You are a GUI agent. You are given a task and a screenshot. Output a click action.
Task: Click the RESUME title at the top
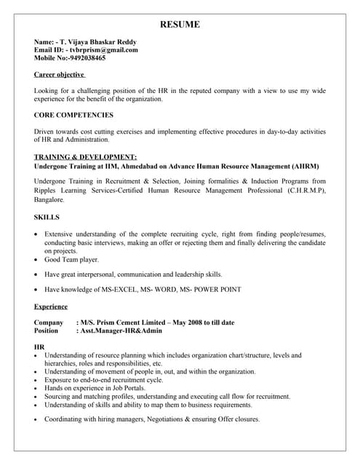pyautogui.click(x=180, y=25)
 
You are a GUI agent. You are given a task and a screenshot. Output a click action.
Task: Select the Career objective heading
pyautogui.click(x=60, y=74)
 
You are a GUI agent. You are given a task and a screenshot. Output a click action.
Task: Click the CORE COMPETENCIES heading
pyautogui.click(x=73, y=115)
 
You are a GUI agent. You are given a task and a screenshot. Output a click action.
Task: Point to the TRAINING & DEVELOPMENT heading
pyautogui.click(x=85, y=156)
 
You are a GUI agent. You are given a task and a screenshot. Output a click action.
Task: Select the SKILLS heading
pyautogui.click(x=47, y=217)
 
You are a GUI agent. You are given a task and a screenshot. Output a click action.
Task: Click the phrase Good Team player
pyautogui.click(x=71, y=259)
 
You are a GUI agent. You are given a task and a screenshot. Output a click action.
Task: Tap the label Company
pyautogui.click(x=49, y=322)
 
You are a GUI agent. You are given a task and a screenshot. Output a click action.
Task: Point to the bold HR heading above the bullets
pyautogui.click(x=39, y=347)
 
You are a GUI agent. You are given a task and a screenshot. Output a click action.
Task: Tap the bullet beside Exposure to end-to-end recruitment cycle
pyautogui.click(x=37, y=379)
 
